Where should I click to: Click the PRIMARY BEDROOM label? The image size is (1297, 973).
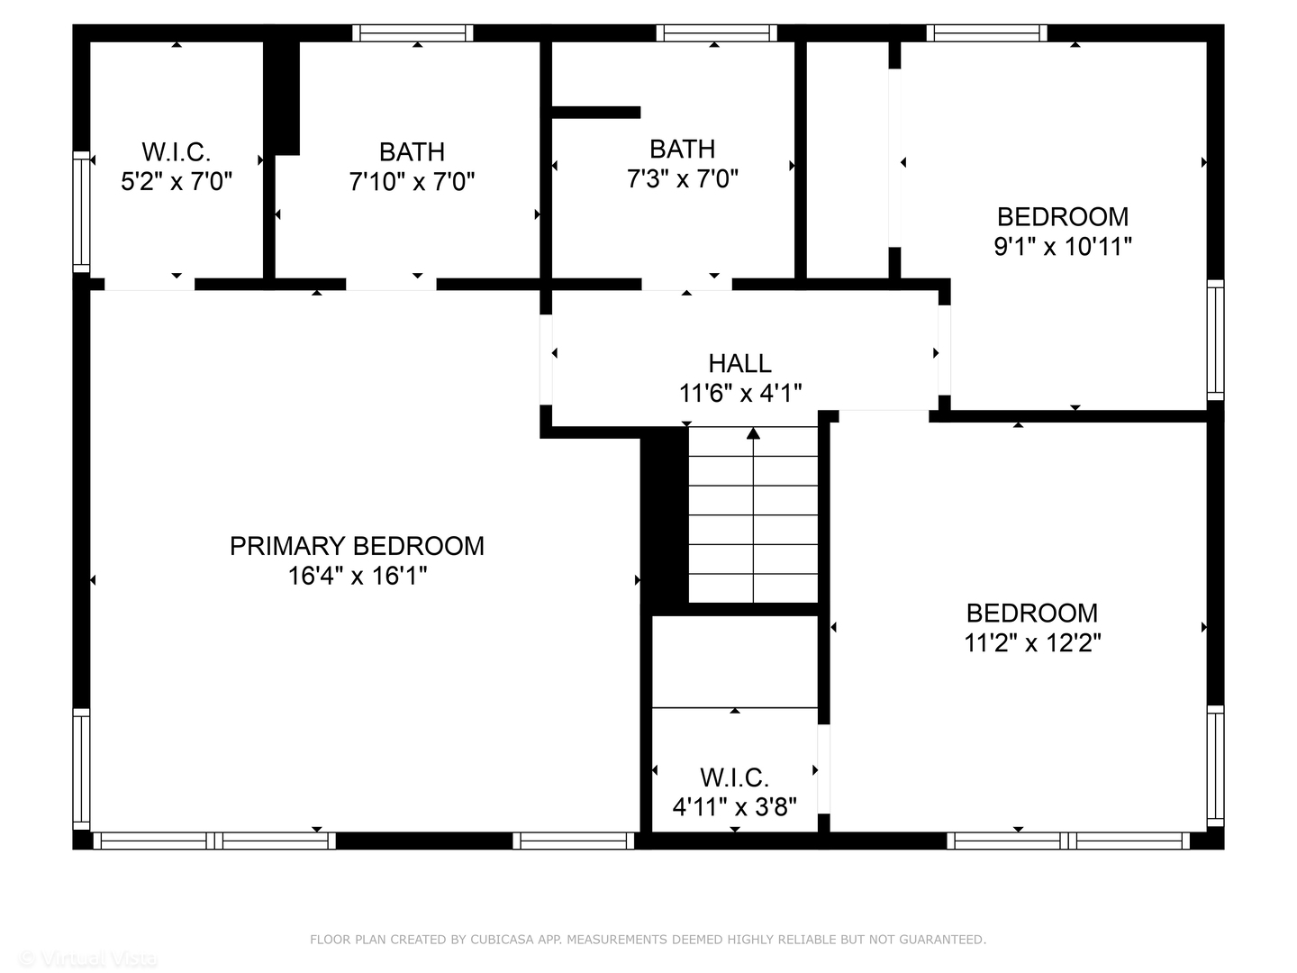tap(357, 546)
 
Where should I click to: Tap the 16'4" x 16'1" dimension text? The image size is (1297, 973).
tap(357, 576)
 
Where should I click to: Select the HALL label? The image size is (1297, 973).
tap(739, 363)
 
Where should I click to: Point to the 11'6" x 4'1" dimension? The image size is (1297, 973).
tap(739, 393)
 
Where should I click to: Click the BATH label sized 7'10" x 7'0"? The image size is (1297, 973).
tap(412, 151)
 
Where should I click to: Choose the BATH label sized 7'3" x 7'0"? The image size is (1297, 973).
tap(682, 149)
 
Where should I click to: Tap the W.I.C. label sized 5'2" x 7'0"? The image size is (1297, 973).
tap(177, 151)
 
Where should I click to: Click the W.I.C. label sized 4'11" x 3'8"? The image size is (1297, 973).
tap(734, 777)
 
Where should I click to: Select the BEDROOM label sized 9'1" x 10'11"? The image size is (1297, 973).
tap(1062, 216)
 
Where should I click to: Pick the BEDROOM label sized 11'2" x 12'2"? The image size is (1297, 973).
tap(1031, 613)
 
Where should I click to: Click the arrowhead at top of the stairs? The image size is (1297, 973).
tap(753, 434)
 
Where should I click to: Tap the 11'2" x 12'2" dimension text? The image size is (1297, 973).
tap(1032, 642)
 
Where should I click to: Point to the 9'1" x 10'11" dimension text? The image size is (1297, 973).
tap(1062, 246)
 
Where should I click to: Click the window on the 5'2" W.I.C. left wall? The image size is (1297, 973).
tap(81, 213)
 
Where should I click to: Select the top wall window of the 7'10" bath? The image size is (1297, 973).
tap(413, 33)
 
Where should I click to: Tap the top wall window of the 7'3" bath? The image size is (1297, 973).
tap(716, 33)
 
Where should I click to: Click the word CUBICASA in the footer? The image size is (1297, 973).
tap(500, 940)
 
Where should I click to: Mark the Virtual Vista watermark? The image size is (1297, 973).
tap(87, 959)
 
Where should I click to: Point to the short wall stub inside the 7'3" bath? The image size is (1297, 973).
tap(594, 113)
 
